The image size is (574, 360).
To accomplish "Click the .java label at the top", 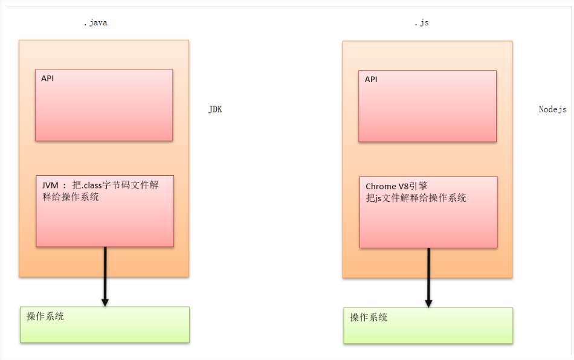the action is click(95, 23).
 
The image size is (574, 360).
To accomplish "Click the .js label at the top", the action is click(421, 23).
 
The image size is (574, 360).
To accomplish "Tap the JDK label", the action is click(215, 109).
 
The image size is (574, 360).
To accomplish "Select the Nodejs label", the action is click(552, 109).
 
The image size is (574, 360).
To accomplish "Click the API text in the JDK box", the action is click(48, 79).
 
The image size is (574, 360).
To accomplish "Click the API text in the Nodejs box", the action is click(371, 79).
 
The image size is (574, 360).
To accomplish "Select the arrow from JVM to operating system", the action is click(105, 272).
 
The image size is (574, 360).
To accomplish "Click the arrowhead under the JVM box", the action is click(105, 301).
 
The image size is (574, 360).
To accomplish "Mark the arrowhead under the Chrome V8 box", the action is click(428, 303).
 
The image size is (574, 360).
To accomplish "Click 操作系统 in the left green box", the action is click(45, 316).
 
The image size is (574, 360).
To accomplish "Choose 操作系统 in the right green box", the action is click(369, 317).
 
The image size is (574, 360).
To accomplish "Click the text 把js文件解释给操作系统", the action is click(416, 198).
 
